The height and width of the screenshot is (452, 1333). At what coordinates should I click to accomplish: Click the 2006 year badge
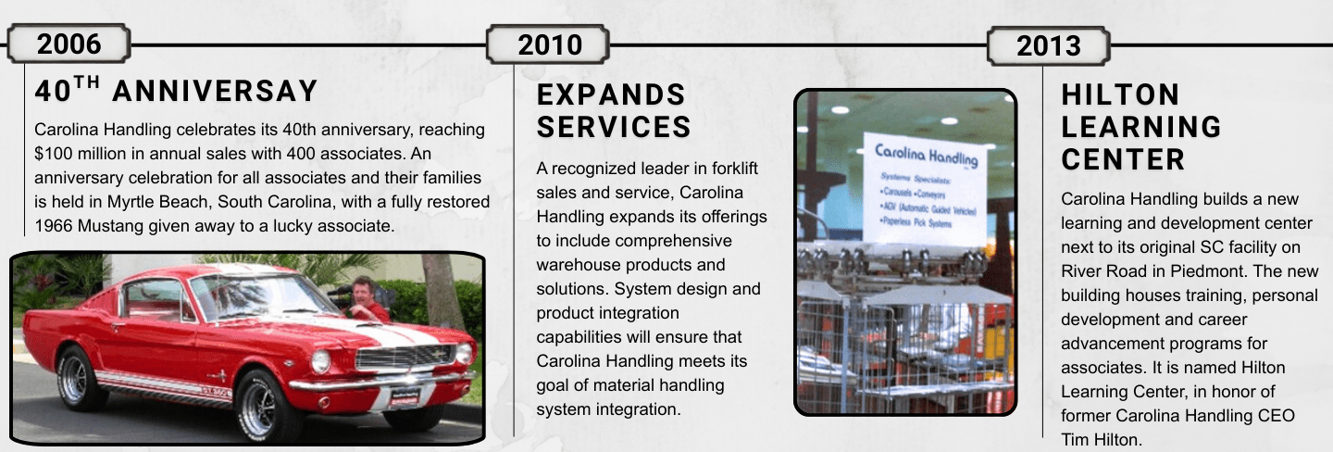point(69,44)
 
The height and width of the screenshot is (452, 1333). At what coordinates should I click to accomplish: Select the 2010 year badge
point(549,44)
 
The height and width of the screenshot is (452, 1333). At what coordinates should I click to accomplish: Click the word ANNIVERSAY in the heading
point(215,92)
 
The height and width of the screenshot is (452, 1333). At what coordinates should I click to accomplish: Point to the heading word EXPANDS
point(611,94)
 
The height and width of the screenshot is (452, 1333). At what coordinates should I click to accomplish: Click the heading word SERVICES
point(614,127)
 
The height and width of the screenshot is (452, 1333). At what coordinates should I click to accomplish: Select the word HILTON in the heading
point(1120,94)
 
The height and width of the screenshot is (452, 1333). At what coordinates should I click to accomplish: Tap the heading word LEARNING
point(1141,127)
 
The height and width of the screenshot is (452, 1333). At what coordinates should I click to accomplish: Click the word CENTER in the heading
point(1123,159)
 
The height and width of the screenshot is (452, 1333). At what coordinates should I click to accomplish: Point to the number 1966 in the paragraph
point(55,225)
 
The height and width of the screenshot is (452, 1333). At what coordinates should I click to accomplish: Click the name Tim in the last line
point(1076,440)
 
